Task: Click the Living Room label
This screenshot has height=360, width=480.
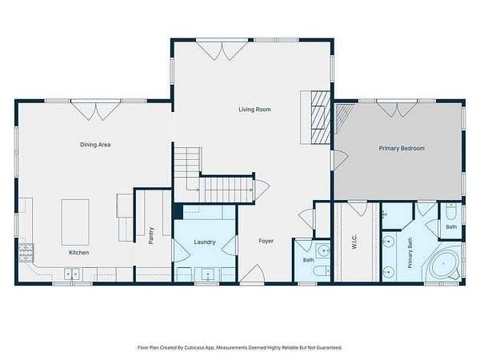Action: (254, 110)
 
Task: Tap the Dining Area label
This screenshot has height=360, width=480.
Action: (95, 145)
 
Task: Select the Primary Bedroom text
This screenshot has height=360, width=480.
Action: (402, 148)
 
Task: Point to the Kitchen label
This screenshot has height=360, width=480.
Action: (78, 253)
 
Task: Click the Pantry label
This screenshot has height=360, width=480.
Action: (151, 235)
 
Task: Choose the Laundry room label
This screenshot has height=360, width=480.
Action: (205, 242)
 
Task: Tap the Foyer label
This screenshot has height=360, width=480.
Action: (266, 241)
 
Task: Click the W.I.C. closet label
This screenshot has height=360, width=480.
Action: (354, 242)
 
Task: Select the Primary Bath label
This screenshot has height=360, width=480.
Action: (410, 253)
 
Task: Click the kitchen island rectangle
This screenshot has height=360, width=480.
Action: (75, 222)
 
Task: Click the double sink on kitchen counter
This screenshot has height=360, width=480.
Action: (72, 274)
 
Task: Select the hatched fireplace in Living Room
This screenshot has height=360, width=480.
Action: (321, 118)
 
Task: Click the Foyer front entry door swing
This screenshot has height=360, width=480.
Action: (252, 274)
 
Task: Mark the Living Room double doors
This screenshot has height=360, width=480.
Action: (222, 50)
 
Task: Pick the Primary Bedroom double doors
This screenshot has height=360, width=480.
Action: (397, 109)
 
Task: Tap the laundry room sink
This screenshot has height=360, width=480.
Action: (208, 274)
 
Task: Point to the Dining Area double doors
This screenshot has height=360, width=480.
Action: (96, 110)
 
